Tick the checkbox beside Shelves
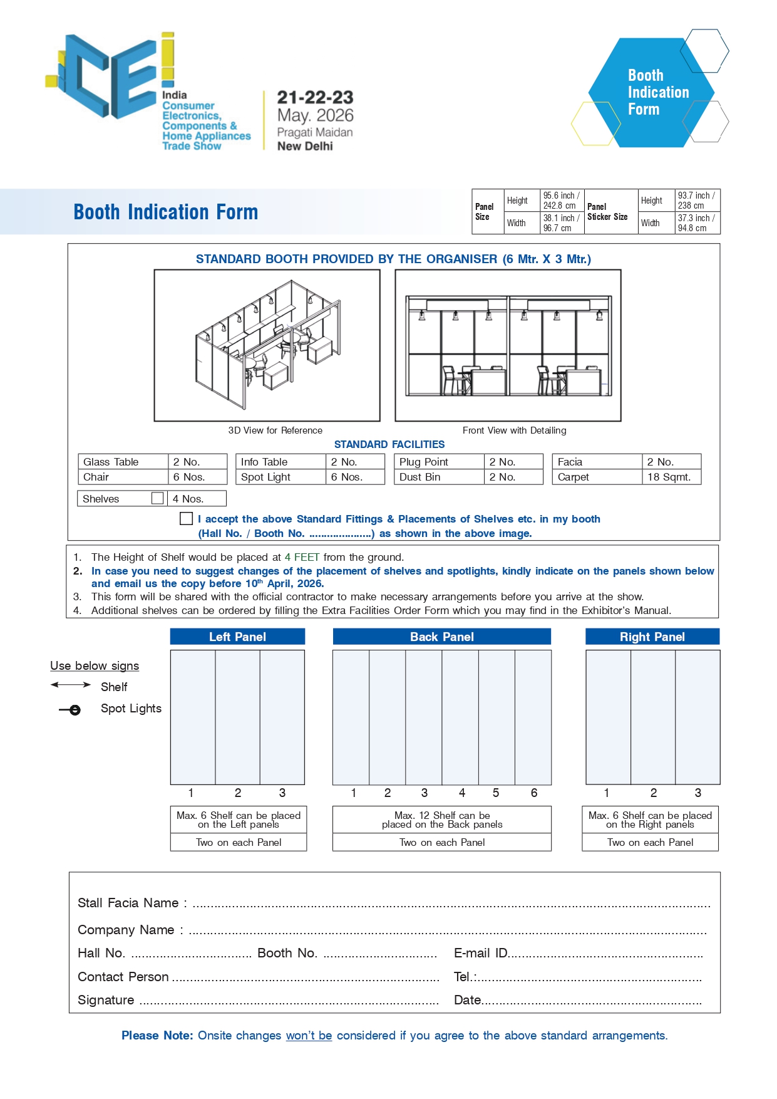pos(157,498)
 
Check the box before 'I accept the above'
pos(186,518)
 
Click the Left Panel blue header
pos(237,637)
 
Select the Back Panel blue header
pos(441,637)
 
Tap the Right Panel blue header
pos(652,637)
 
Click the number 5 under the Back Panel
pos(496,793)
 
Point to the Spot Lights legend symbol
pos(71,710)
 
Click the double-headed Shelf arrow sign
pos(71,685)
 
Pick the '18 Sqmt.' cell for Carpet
pos(669,477)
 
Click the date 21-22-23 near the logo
pos(315,98)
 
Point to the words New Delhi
pos(305,146)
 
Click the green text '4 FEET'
pos(302,557)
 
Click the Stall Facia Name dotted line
pos(451,905)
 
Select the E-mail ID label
pos(480,953)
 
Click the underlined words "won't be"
pos(309,1035)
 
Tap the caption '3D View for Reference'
pos(275,430)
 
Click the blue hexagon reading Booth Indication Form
pos(651,93)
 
